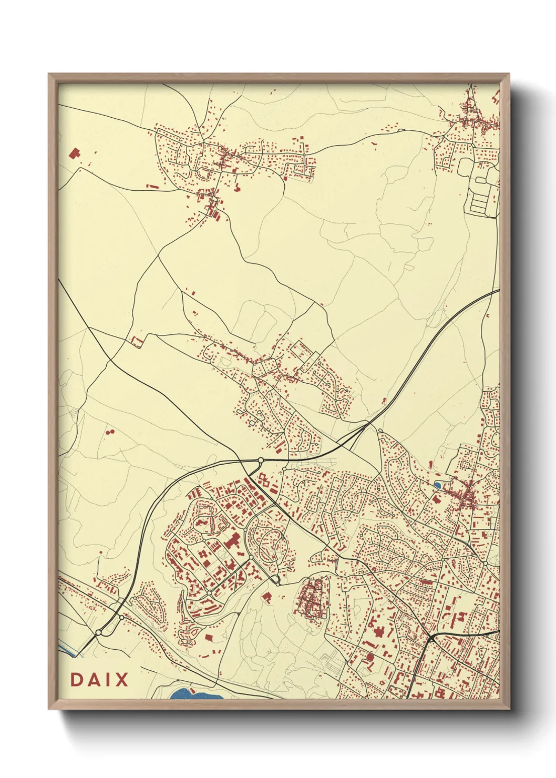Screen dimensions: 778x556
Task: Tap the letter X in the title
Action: pyautogui.click(x=121, y=680)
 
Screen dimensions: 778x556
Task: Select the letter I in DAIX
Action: pyautogui.click(x=107, y=680)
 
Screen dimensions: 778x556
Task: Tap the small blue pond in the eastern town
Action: pyautogui.click(x=437, y=484)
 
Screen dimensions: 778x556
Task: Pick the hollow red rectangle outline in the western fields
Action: pyautogui.click(x=136, y=342)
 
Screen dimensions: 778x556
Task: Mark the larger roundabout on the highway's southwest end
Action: pyautogui.click(x=99, y=632)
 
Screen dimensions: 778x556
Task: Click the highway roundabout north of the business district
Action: pyautogui.click(x=260, y=460)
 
